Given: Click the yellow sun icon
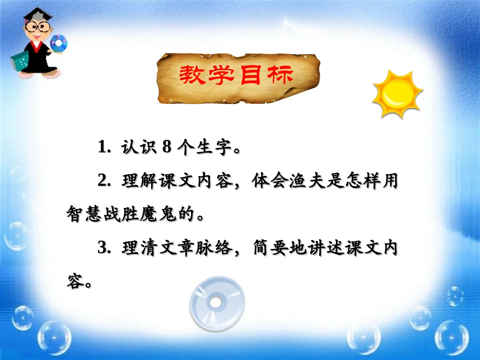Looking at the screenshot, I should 397,94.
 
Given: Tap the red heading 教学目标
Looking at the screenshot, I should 236,76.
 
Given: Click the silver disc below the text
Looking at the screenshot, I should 217,303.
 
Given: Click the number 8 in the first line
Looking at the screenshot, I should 168,146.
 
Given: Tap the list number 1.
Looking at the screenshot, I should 103,147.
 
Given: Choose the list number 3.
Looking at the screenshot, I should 103,248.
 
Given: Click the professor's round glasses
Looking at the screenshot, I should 36,28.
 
